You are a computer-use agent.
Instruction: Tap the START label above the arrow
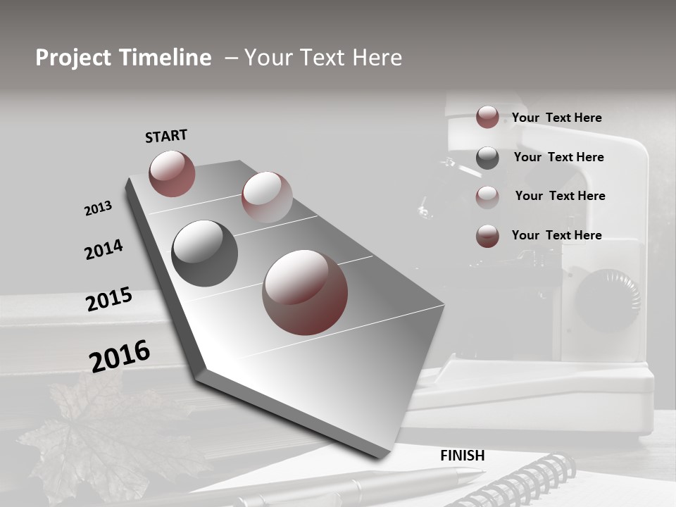pyautogui.click(x=166, y=136)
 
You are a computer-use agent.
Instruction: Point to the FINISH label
pyautogui.click(x=463, y=456)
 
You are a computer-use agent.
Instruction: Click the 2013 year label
pyautogui.click(x=98, y=208)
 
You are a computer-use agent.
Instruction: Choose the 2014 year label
pyautogui.click(x=104, y=249)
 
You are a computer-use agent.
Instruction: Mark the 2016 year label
pyautogui.click(x=120, y=356)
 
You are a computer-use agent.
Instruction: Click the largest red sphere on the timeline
pyautogui.click(x=305, y=292)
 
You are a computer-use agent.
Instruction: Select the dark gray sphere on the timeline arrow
pyautogui.click(x=204, y=254)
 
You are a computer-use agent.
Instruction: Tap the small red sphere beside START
pyautogui.click(x=172, y=173)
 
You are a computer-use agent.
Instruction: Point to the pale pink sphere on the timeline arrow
pyautogui.click(x=267, y=197)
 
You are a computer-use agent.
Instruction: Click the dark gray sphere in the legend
pyautogui.click(x=487, y=158)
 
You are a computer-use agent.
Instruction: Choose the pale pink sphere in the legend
pyautogui.click(x=487, y=197)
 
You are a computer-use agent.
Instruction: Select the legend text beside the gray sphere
pyautogui.click(x=558, y=157)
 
